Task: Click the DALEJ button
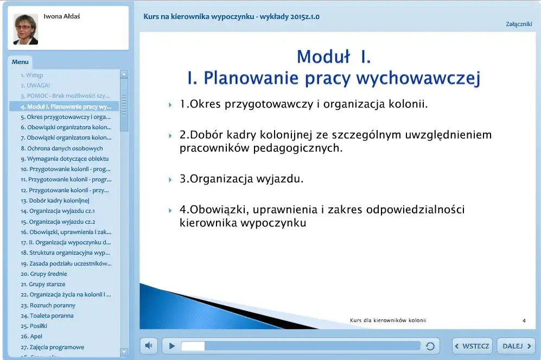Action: [516, 346]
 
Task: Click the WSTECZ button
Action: [472, 346]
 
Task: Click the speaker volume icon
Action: [149, 345]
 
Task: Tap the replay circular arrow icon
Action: [430, 346]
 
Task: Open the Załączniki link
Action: [519, 24]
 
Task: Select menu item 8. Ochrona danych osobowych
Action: [61, 148]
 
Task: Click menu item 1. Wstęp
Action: [32, 75]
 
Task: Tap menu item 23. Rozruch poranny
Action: [48, 305]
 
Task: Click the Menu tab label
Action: [20, 62]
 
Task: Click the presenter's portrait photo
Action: [26, 29]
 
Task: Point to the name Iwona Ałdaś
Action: [62, 16]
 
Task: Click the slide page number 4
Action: [524, 320]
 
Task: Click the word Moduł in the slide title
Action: [321, 56]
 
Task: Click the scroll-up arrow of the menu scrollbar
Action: [124, 74]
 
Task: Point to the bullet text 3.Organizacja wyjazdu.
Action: [241, 179]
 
